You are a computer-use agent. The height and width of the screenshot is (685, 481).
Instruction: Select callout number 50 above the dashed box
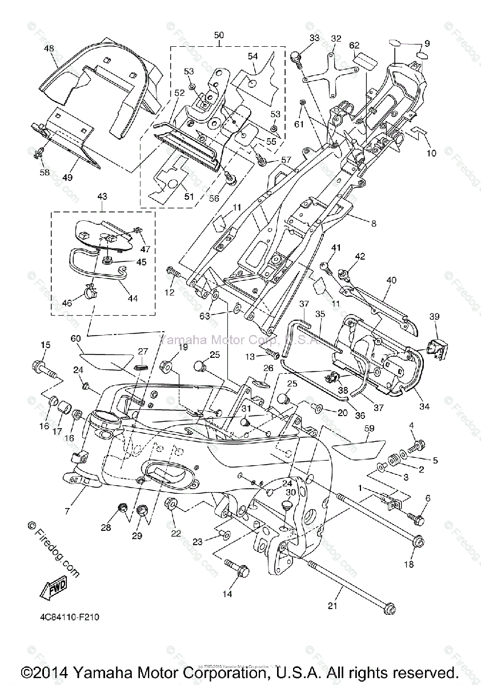219,35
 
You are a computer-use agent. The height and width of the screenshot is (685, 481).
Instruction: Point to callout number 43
102,196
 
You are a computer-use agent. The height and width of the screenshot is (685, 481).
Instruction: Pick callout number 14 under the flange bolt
227,594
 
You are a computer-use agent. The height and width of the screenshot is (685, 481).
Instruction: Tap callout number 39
435,317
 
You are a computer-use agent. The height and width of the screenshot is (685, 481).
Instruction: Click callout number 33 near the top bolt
314,38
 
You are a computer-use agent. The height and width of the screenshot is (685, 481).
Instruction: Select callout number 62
355,45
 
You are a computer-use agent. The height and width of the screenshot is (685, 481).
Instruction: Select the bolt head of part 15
41,365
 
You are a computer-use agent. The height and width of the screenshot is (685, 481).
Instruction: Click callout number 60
76,339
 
